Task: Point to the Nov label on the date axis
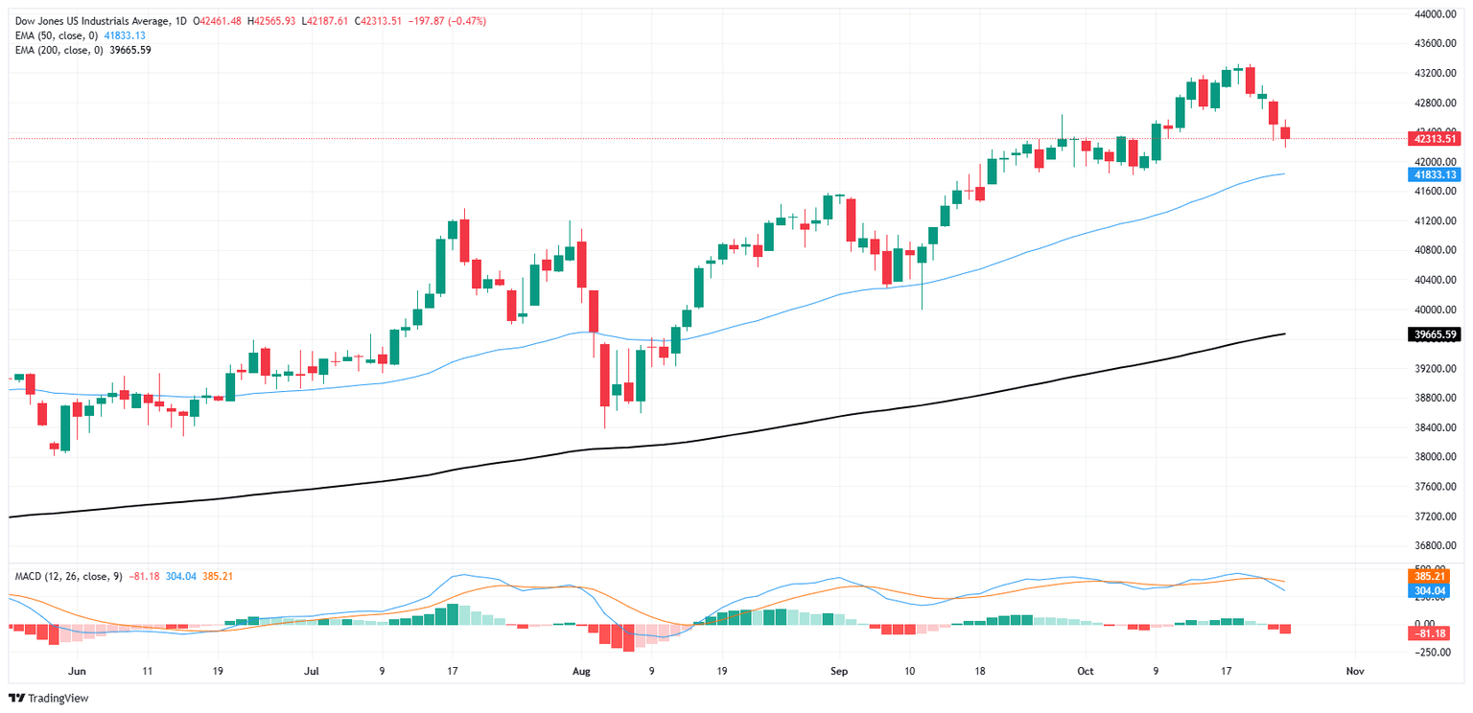pos(1355,672)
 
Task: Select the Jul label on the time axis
pos(311,672)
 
